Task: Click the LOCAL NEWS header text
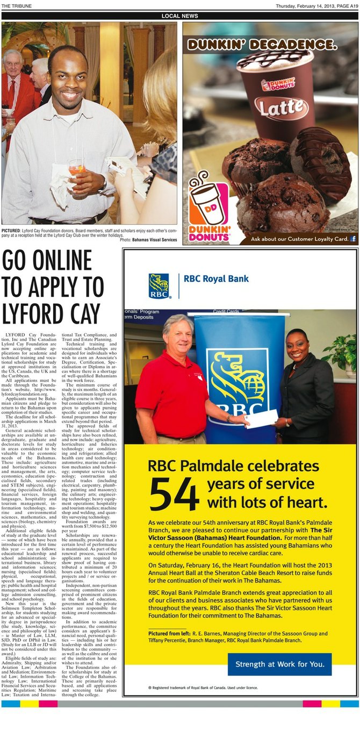tap(179, 16)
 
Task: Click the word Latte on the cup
tap(275, 106)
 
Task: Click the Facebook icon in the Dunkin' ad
tap(354, 239)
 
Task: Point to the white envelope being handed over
tap(261, 418)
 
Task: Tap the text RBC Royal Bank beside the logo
tap(217, 279)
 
